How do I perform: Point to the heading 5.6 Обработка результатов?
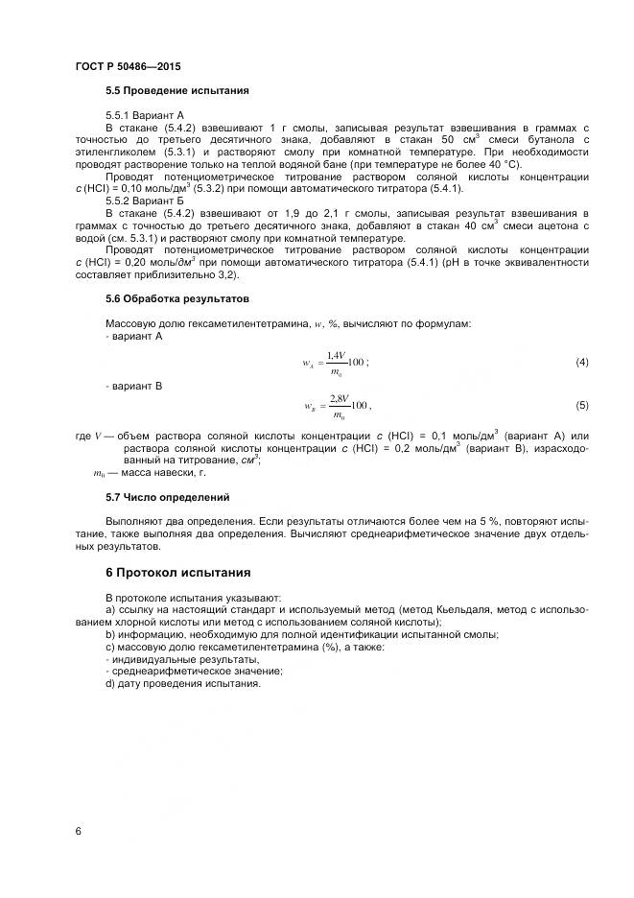coord(176,299)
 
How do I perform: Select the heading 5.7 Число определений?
coord(167,498)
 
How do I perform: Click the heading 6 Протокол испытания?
coord(177,573)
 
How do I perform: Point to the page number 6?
coord(78,831)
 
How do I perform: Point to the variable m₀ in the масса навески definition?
coord(99,473)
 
